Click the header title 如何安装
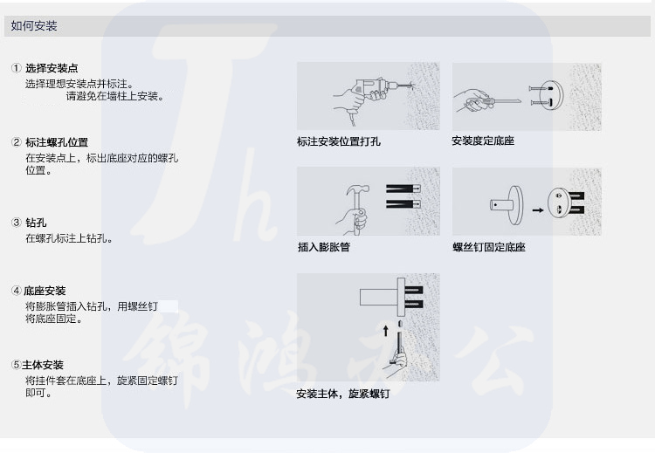(34, 26)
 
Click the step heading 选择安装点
(52, 68)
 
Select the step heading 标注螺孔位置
(57, 142)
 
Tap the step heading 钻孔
(36, 223)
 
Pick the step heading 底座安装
(45, 291)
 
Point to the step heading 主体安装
(43, 365)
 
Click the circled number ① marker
(16, 68)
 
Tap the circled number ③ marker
(16, 223)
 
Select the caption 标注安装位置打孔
(339, 141)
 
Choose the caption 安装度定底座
(483, 141)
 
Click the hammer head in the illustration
(358, 191)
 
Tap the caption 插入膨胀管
(324, 247)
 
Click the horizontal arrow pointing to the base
(538, 209)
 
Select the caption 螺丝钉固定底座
(489, 247)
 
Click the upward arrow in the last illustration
(385, 331)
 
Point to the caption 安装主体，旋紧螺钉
(343, 394)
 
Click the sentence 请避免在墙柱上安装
(115, 96)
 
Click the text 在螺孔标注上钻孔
(69, 238)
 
